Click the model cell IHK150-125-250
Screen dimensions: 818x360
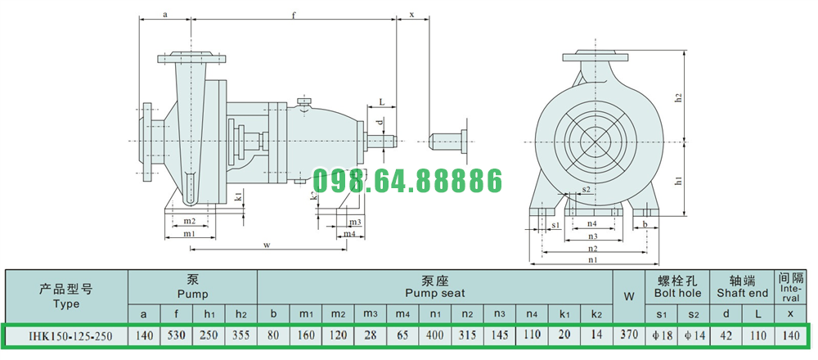[66, 335]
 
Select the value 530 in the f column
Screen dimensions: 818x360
[177, 335]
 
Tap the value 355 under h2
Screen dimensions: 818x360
[240, 335]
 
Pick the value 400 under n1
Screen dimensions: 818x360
[435, 335]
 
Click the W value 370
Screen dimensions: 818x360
[629, 335]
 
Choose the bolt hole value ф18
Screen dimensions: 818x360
[662, 335]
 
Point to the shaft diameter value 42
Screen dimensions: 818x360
[726, 335]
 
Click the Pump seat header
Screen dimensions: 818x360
[435, 287]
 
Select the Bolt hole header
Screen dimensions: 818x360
[677, 287]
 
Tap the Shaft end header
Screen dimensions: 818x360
[743, 287]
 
